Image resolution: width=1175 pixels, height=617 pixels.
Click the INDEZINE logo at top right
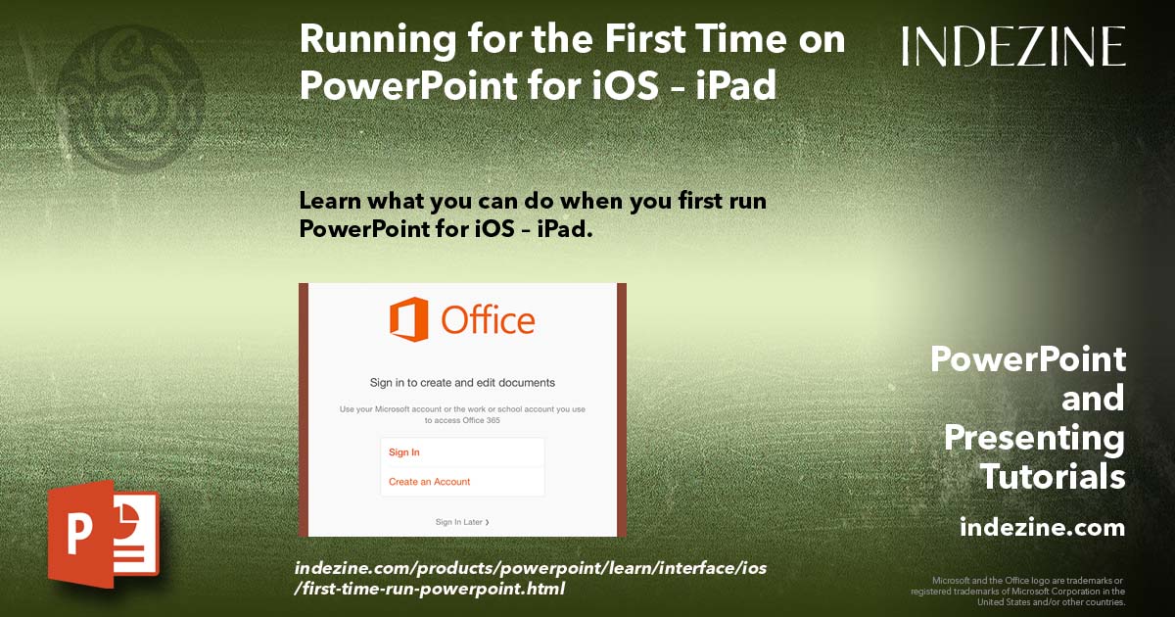point(1013,46)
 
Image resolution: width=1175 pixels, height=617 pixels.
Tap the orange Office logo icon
point(408,319)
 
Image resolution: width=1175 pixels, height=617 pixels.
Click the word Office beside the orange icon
point(488,320)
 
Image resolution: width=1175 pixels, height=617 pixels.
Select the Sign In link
point(404,452)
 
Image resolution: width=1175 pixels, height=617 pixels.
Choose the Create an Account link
point(429,482)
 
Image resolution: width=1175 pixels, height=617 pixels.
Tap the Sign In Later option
point(461,522)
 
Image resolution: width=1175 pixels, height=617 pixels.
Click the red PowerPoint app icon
point(102,534)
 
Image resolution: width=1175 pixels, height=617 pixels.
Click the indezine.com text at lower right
point(1042,528)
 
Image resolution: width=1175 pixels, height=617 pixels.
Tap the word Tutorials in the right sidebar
point(1053,477)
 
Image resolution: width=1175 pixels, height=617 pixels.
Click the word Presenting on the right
point(1034,438)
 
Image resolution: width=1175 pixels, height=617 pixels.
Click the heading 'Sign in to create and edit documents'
point(462,382)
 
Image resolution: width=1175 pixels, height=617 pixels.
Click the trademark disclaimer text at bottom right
point(1017,591)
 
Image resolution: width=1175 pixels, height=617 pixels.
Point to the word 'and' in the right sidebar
point(1093,399)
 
